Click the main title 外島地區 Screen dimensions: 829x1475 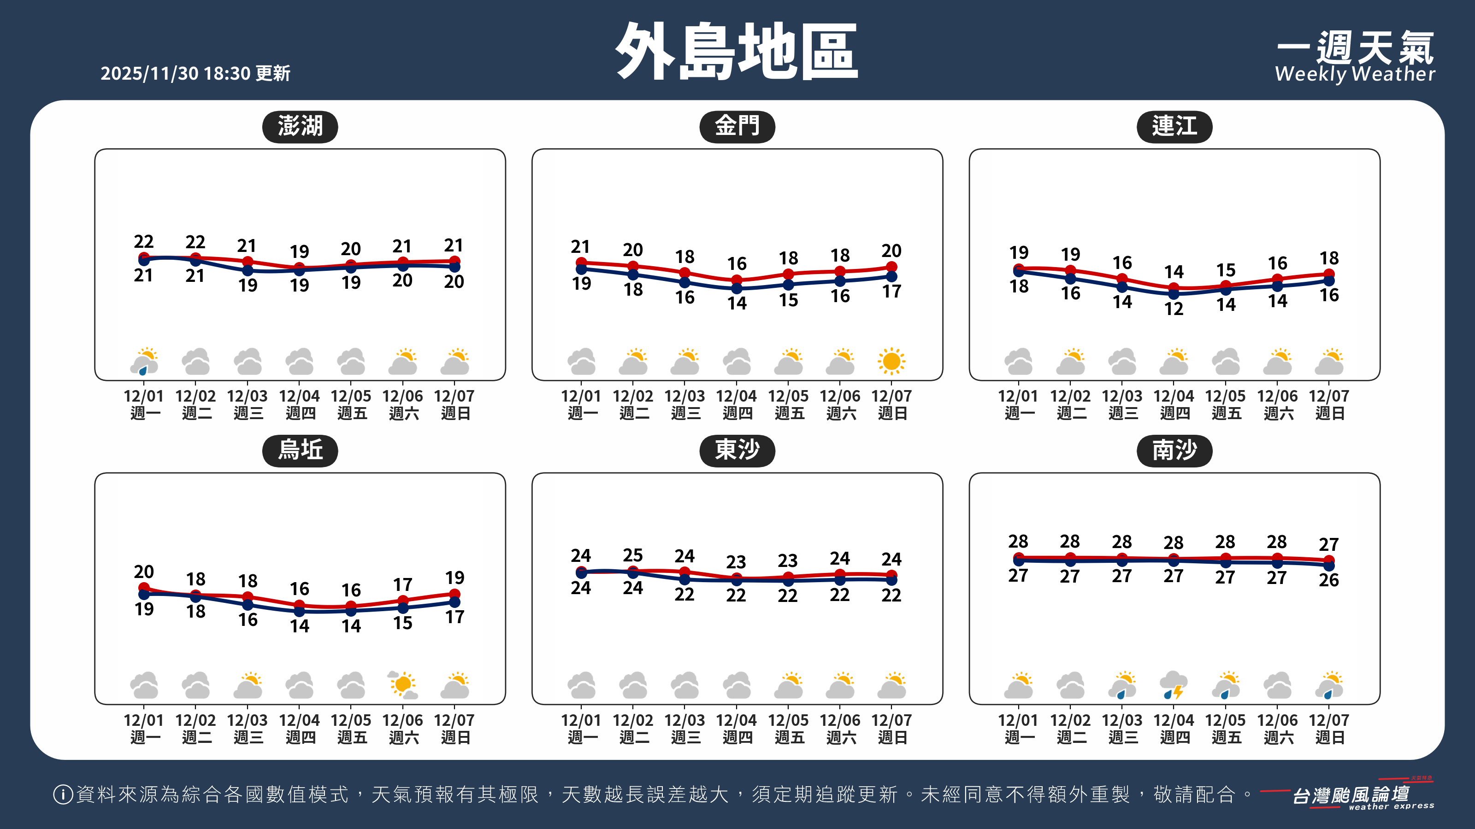click(x=737, y=52)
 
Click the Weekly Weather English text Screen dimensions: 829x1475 click(x=1355, y=74)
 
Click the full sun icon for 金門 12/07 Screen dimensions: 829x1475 click(x=891, y=362)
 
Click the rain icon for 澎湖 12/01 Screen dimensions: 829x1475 click(x=144, y=362)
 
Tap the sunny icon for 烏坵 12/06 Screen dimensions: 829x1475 click(x=403, y=685)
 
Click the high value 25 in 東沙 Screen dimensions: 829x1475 click(x=633, y=555)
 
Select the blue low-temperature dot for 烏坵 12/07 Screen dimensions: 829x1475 click(x=454, y=602)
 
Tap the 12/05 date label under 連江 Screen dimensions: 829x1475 click(x=1225, y=396)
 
